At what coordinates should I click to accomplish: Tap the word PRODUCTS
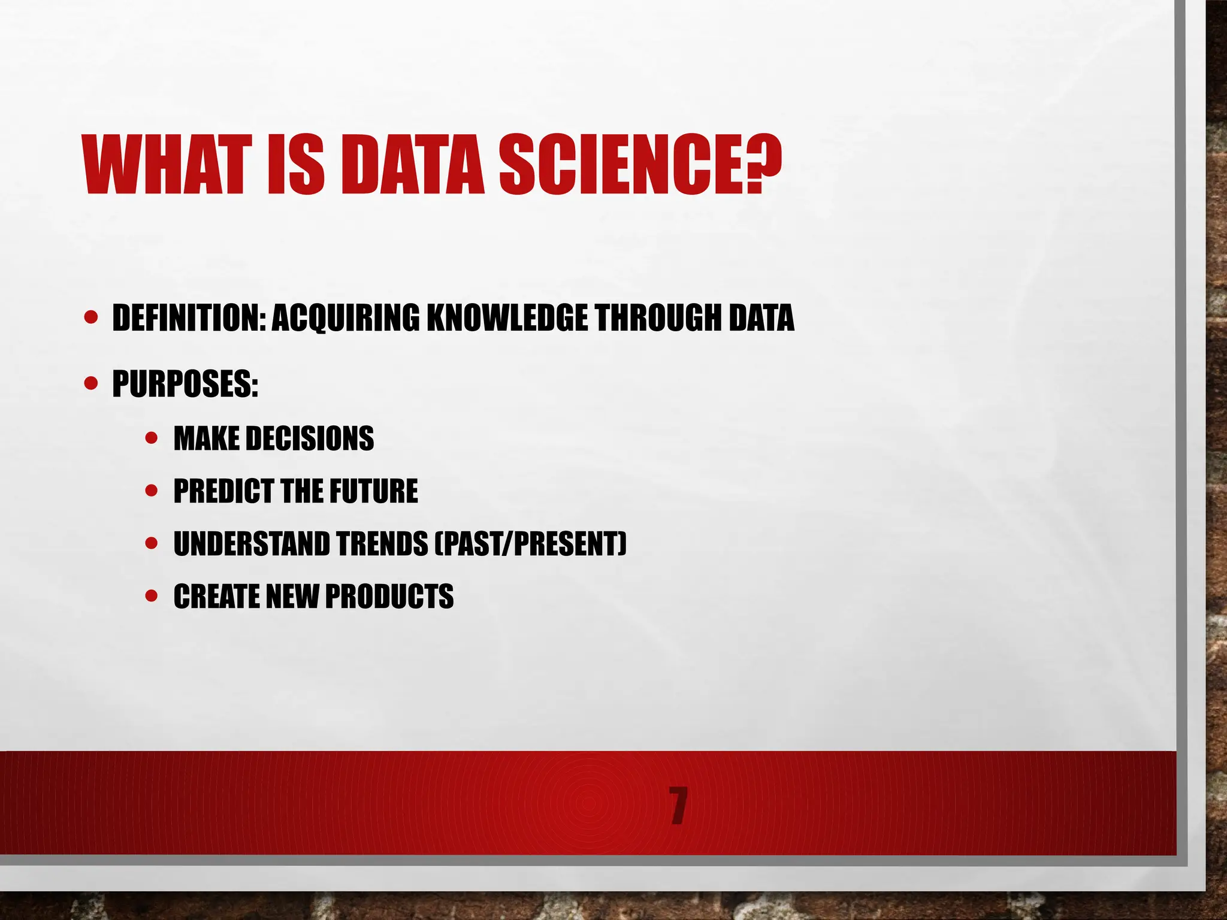[389, 597]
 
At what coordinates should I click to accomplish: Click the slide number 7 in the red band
[678, 807]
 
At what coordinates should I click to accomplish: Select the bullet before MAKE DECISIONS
[152, 438]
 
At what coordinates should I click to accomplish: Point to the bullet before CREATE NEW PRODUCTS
[152, 596]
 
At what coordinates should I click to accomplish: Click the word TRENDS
[382, 544]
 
